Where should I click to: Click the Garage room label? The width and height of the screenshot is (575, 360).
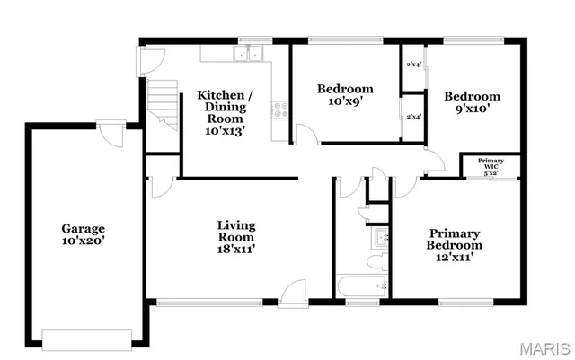tap(83, 235)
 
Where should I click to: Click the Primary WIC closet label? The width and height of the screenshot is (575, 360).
tap(491, 166)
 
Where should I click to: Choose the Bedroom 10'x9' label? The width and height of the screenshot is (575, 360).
tap(345, 95)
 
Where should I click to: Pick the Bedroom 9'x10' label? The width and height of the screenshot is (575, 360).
tap(473, 103)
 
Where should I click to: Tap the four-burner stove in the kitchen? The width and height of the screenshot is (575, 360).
tap(279, 111)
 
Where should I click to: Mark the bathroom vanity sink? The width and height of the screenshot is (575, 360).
tap(381, 238)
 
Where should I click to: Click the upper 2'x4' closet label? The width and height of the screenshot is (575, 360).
tap(414, 65)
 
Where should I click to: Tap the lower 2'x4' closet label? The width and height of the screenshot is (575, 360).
tap(414, 117)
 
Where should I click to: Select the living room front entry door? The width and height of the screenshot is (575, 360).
tap(293, 294)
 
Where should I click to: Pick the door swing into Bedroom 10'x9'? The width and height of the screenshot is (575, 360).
tap(307, 135)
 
